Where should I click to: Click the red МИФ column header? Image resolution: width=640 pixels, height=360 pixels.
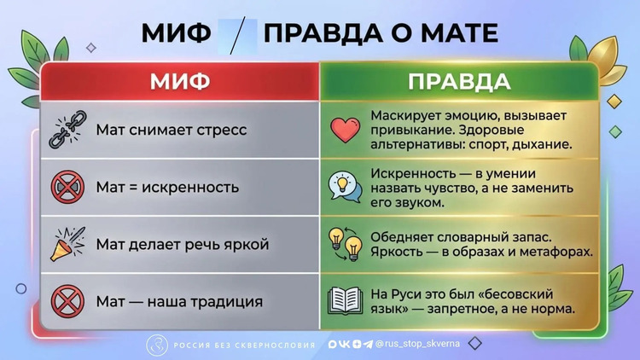click(180, 81)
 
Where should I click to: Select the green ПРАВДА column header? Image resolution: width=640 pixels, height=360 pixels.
click(459, 81)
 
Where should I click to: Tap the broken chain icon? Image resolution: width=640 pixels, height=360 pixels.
click(68, 130)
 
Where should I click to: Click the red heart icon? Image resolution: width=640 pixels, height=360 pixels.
click(346, 130)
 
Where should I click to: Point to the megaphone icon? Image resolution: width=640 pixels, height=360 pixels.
click(67, 244)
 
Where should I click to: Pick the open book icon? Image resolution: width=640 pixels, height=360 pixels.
click(346, 301)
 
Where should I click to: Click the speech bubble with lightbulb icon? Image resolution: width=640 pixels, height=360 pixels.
click(346, 188)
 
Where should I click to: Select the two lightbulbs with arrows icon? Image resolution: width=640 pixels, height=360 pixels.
click(346, 244)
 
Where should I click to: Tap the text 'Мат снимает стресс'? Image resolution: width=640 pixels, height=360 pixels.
click(172, 130)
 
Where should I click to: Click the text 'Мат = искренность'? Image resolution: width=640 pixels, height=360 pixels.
click(167, 188)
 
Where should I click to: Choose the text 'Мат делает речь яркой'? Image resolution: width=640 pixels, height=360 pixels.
click(183, 245)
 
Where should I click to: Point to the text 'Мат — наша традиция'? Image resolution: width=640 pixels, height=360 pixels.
click(179, 302)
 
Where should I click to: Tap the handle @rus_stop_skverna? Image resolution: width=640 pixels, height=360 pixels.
click(417, 344)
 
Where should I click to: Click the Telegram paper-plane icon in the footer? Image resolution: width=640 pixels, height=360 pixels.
click(368, 344)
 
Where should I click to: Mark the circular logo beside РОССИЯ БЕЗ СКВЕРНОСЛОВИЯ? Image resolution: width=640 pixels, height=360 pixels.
click(157, 345)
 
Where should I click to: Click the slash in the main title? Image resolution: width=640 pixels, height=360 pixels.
click(237, 36)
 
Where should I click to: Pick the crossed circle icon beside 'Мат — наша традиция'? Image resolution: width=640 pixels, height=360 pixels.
click(67, 302)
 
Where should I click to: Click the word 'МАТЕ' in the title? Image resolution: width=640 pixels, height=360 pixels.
click(460, 33)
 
